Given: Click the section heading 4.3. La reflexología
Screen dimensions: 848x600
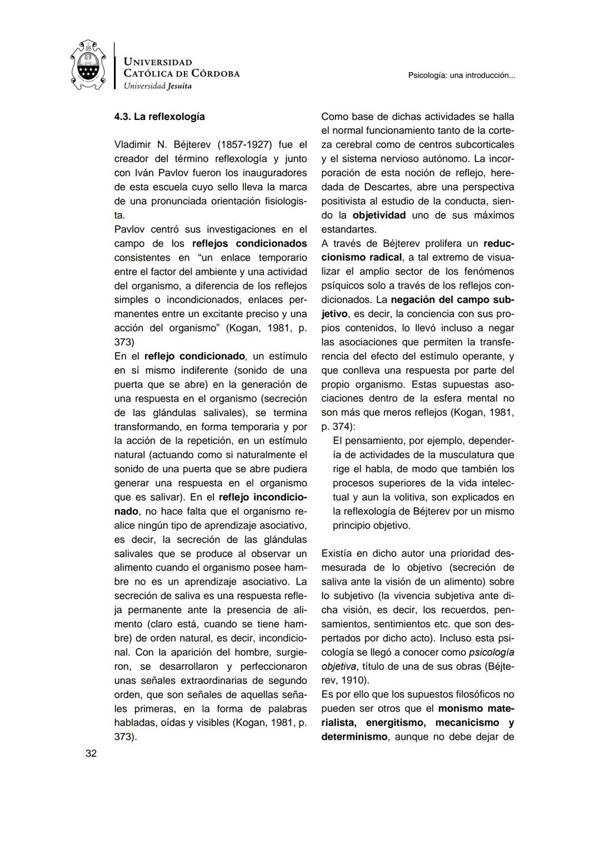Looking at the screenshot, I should [159, 117].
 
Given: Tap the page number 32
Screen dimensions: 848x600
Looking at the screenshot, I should [91, 754].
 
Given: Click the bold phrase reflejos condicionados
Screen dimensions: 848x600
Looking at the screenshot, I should [249, 243].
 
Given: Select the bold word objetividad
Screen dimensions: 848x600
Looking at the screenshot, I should [379, 215].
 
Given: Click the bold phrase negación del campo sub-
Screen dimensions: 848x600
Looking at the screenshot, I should [452, 300].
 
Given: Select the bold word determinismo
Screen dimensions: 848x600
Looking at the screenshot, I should [354, 737].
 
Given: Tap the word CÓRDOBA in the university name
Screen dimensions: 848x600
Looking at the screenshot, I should [215, 73].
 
